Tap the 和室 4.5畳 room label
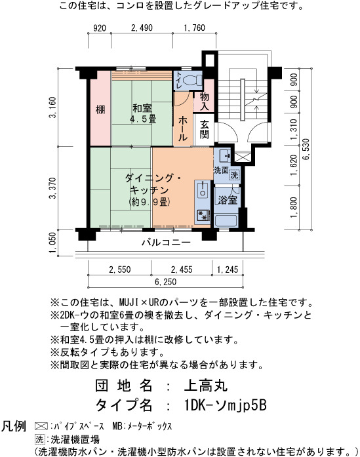(x=142, y=113)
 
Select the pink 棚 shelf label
(x=100, y=109)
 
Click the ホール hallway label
(x=183, y=128)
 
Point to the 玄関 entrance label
(x=204, y=129)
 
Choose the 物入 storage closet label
(x=204, y=101)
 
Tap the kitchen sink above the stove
(x=202, y=189)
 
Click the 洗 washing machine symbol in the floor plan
(x=234, y=175)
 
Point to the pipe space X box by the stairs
(x=242, y=157)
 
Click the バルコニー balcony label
(x=166, y=243)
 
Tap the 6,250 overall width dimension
(x=165, y=282)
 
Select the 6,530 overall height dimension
(x=306, y=149)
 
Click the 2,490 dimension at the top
(x=142, y=28)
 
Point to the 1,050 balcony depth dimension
(x=52, y=243)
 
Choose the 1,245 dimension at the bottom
(x=228, y=269)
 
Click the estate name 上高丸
(x=205, y=386)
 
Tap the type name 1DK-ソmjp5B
(x=225, y=405)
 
